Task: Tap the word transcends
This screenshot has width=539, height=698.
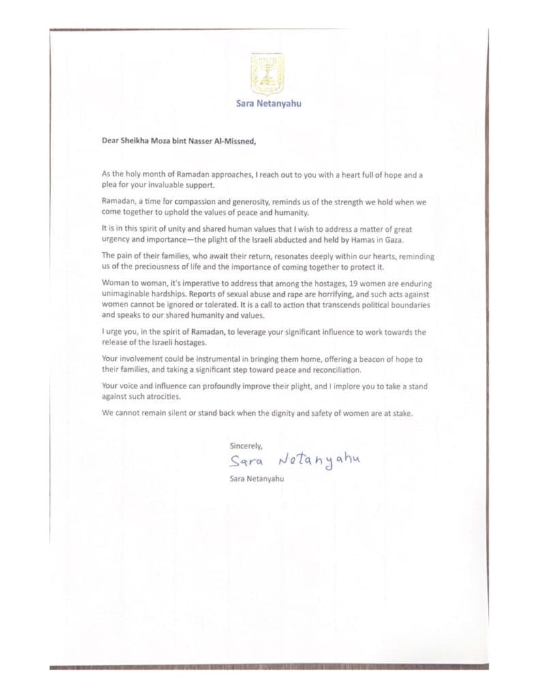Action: (326, 305)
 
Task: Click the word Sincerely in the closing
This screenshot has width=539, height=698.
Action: (246, 446)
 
